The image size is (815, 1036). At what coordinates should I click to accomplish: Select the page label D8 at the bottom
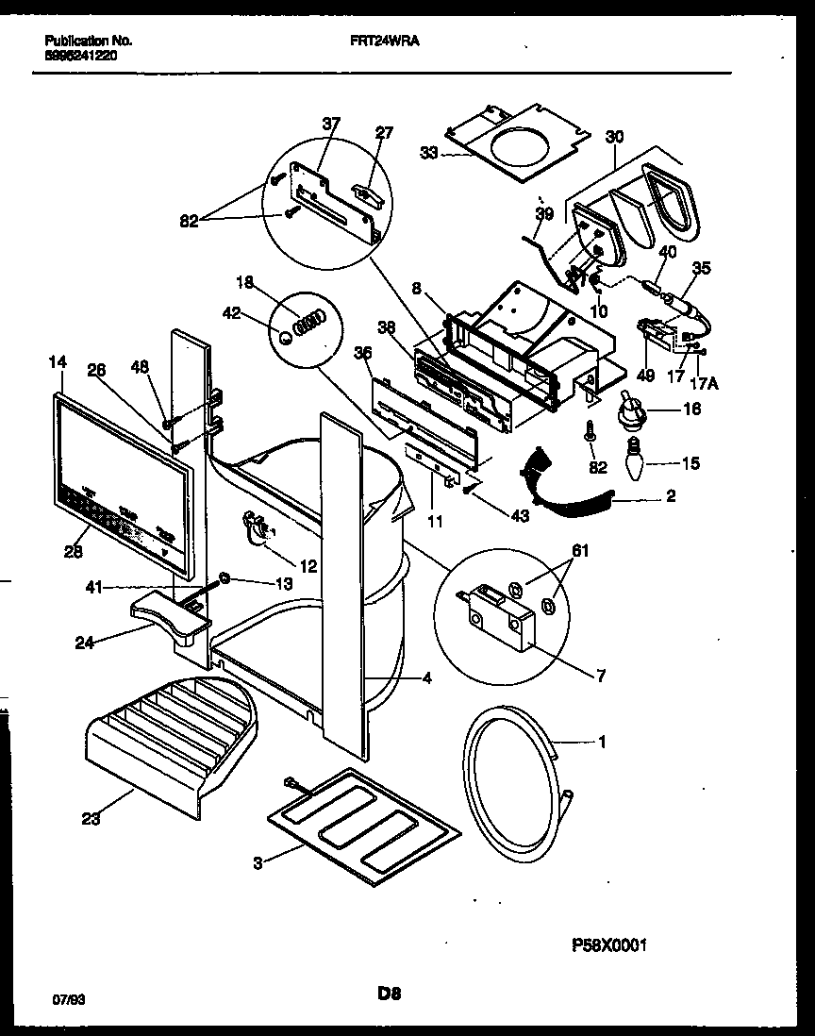click(x=391, y=994)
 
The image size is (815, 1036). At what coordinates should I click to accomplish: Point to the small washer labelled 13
click(x=225, y=576)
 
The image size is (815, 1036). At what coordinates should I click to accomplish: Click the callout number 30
click(x=614, y=137)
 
